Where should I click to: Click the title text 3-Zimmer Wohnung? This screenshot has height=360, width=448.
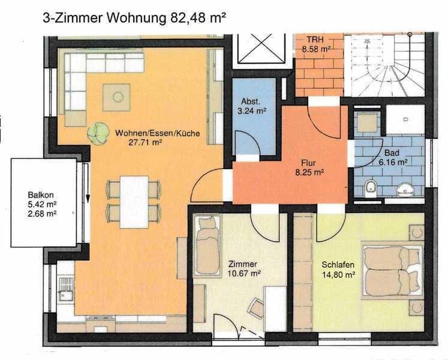[x=104, y=19]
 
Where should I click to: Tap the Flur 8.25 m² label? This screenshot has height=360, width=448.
[x=309, y=167]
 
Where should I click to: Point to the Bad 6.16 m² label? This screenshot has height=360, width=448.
[x=393, y=157]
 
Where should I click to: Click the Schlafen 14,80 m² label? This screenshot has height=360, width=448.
[x=338, y=269]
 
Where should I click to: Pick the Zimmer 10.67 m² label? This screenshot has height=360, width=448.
[x=243, y=268]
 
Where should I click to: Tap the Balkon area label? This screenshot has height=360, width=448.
[x=42, y=204]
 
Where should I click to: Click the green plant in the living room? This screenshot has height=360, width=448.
[x=98, y=134]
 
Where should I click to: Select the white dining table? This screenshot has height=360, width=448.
[x=134, y=202]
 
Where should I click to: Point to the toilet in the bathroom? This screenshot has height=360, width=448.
[x=371, y=188]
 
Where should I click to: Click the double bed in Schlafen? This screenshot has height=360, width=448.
[x=393, y=271]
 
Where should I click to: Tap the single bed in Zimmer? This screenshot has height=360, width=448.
[x=208, y=246]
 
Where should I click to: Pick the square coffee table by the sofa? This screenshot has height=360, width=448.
[x=116, y=97]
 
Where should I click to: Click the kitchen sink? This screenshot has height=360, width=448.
[x=66, y=289]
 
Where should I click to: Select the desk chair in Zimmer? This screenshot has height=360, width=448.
[x=255, y=308]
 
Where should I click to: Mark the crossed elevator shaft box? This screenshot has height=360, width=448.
[x=261, y=48]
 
